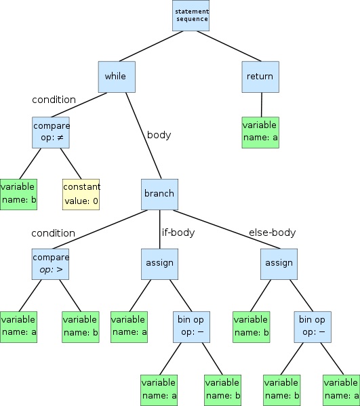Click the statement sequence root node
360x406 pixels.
pyautogui.click(x=191, y=16)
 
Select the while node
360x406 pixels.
pyautogui.click(x=117, y=77)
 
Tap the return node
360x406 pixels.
pyautogui.click(x=260, y=77)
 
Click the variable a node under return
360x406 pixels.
pyautogui.click(x=260, y=131)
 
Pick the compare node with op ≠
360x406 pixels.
pyautogui.click(x=51, y=132)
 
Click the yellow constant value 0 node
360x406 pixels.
pyautogui.click(x=81, y=193)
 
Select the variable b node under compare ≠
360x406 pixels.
pyautogui.click(x=18, y=193)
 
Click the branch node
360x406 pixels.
pyautogui.click(x=159, y=193)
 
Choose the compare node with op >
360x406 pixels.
pyautogui.click(x=51, y=264)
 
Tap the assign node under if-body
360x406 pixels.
pyautogui.click(x=159, y=263)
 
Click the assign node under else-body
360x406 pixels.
pyautogui.click(x=279, y=263)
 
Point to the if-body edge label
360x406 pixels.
pyautogui.click(x=178, y=232)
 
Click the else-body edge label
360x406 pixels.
pyautogui.click(x=272, y=232)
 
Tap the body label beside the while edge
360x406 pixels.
pyautogui.click(x=159, y=134)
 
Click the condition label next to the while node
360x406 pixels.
pyautogui.click(x=54, y=100)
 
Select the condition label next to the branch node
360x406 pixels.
pyautogui.click(x=53, y=232)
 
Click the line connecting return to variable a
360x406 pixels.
pyautogui.click(x=260, y=104)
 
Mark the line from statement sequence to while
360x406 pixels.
pyautogui.click(x=153, y=47)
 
